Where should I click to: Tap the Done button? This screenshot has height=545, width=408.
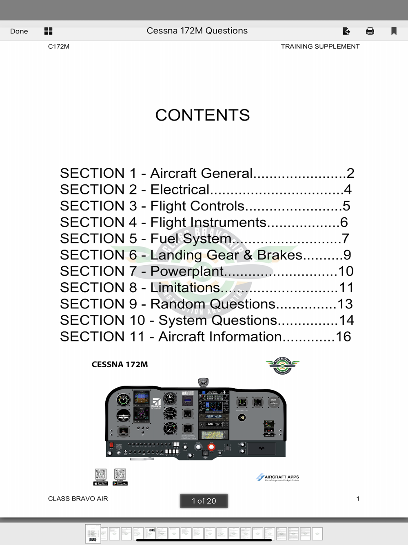click(x=19, y=31)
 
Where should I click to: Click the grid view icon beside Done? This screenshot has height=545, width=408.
click(x=48, y=31)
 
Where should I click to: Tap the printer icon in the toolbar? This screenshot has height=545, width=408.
click(x=370, y=31)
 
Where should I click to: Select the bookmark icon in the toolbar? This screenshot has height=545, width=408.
click(x=394, y=31)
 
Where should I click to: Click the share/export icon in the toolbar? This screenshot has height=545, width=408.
click(x=346, y=31)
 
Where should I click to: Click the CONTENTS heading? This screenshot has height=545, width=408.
click(x=202, y=115)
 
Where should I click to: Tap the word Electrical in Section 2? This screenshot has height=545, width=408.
click(x=180, y=190)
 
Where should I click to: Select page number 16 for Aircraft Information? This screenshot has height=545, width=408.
click(x=343, y=337)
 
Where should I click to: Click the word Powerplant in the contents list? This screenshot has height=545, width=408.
click(x=187, y=271)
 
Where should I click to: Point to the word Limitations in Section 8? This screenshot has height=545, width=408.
click(x=185, y=288)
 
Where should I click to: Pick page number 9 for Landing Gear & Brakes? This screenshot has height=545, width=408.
click(x=347, y=255)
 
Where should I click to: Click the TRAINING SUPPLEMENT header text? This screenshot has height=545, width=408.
click(x=320, y=47)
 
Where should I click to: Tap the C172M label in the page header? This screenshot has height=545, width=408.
click(x=59, y=47)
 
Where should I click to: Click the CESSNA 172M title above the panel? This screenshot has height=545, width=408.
click(x=120, y=364)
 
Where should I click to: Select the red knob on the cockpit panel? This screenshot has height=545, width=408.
click(x=211, y=447)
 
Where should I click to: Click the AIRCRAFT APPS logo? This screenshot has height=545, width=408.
click(x=278, y=477)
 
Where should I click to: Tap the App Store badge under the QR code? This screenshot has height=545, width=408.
click(x=101, y=483)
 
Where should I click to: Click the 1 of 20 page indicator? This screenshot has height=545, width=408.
click(x=204, y=501)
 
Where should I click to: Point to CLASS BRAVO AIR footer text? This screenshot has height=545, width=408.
click(x=78, y=498)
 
